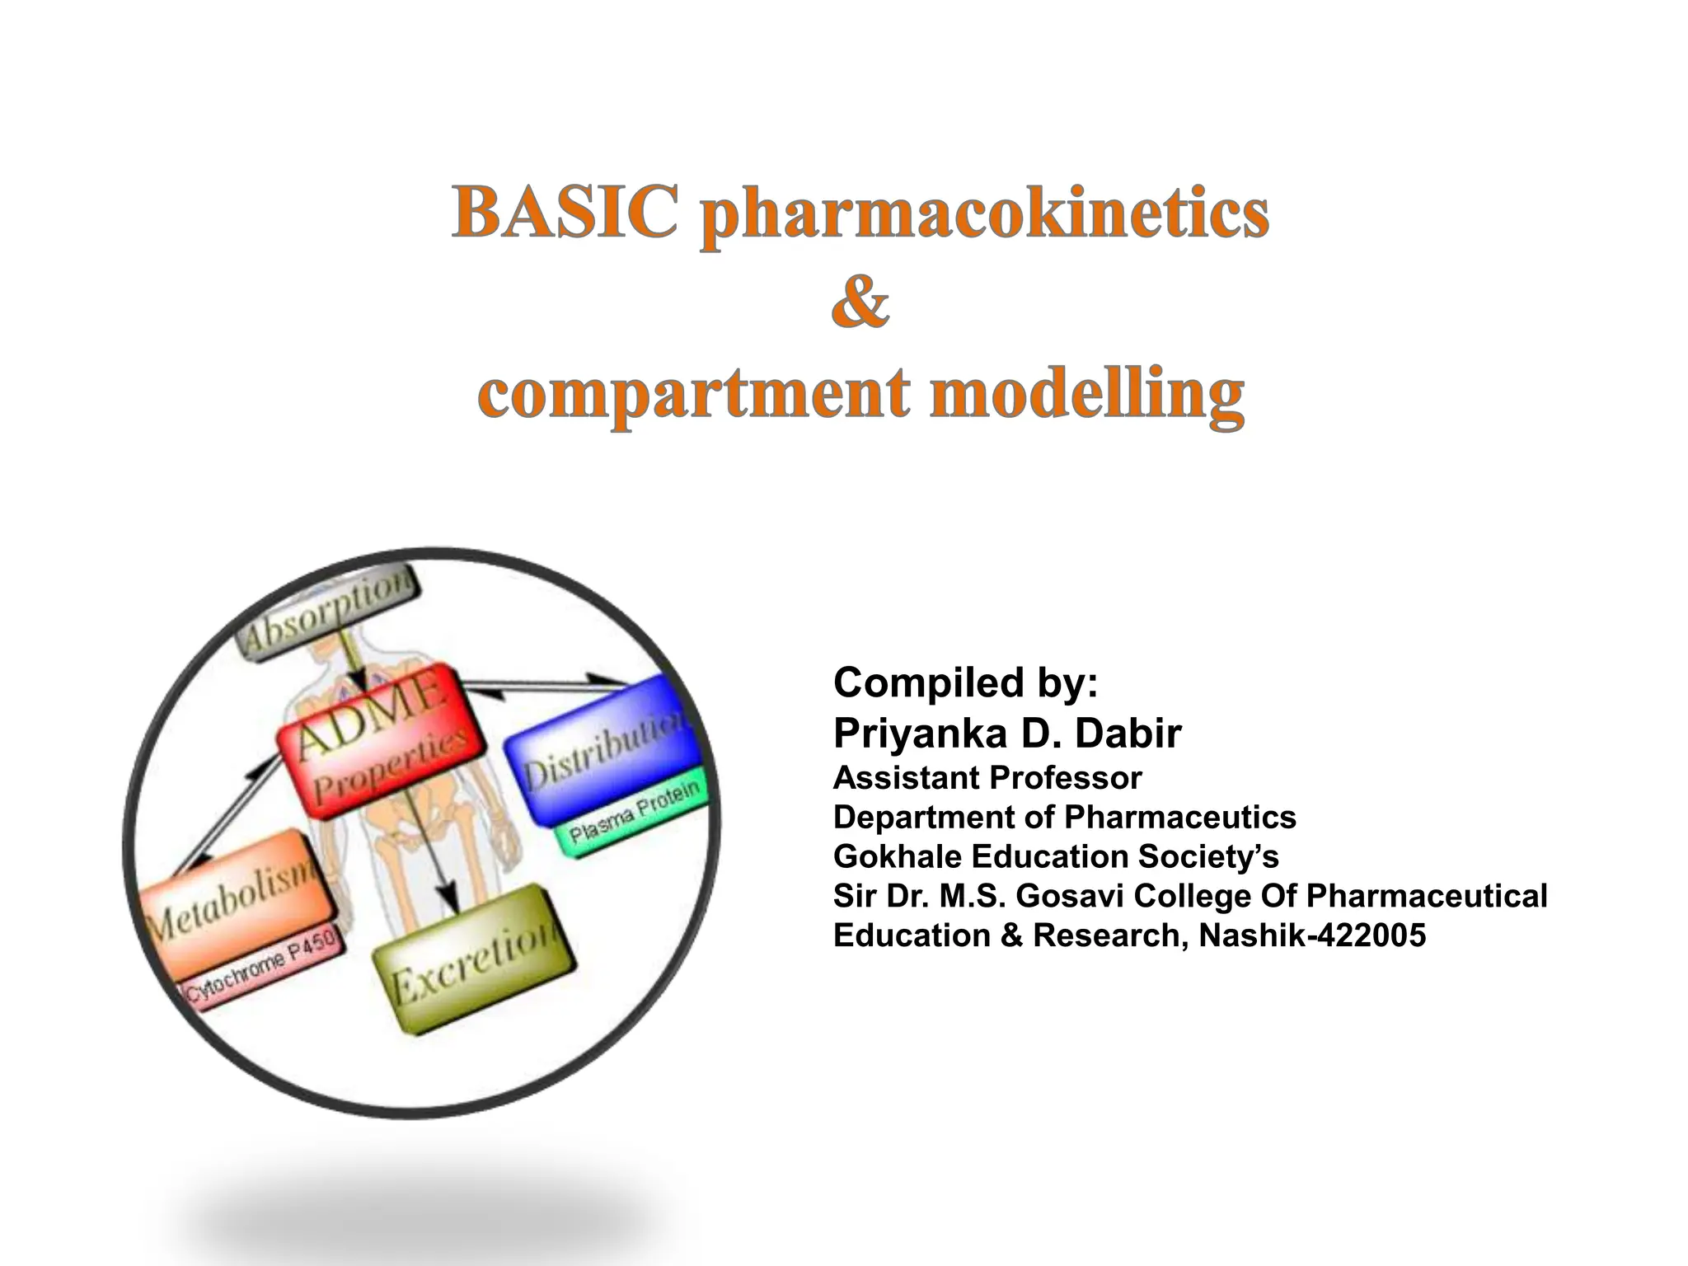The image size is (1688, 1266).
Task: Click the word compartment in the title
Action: pyautogui.click(x=693, y=394)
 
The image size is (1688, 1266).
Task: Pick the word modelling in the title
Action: pyautogui.click(x=1086, y=394)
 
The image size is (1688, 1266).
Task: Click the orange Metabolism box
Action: pyautogui.click(x=235, y=898)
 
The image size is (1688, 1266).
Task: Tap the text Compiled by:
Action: pyautogui.click(x=965, y=682)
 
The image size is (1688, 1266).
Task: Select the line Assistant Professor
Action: pyautogui.click(x=987, y=777)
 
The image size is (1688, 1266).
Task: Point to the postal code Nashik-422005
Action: pyautogui.click(x=1312, y=935)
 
